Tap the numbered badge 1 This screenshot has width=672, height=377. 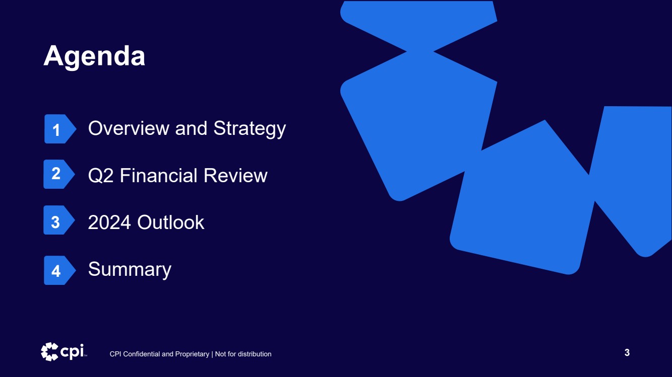(x=60, y=129)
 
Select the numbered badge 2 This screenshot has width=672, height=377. (x=59, y=174)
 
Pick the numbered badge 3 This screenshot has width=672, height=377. (x=59, y=220)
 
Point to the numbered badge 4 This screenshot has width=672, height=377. (x=59, y=270)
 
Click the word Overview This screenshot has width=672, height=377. (x=129, y=128)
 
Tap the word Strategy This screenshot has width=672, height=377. (x=250, y=129)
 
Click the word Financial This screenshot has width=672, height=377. (x=159, y=175)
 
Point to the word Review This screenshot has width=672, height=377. (x=235, y=175)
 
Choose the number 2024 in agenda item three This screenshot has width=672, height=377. (x=109, y=222)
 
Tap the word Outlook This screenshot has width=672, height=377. (x=171, y=222)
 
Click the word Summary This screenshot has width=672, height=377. (x=130, y=270)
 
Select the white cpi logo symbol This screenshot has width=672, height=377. (x=49, y=351)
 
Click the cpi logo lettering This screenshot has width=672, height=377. (x=72, y=351)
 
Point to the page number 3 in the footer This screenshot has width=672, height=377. (x=627, y=352)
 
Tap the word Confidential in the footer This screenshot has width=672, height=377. (x=142, y=354)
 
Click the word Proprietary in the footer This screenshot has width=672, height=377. (x=192, y=354)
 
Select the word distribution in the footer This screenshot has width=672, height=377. (x=255, y=354)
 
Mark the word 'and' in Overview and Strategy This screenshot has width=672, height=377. (x=191, y=128)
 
